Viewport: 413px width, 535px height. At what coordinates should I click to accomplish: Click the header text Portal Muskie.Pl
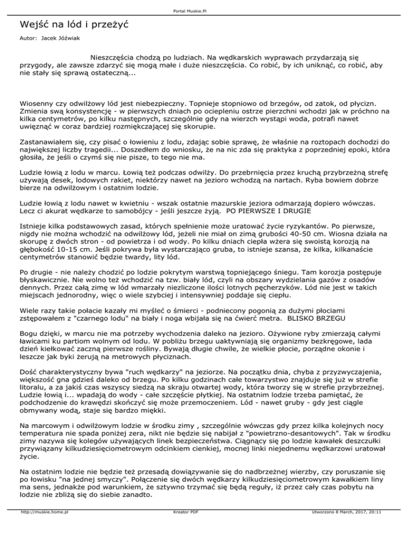[x=206, y=9]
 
